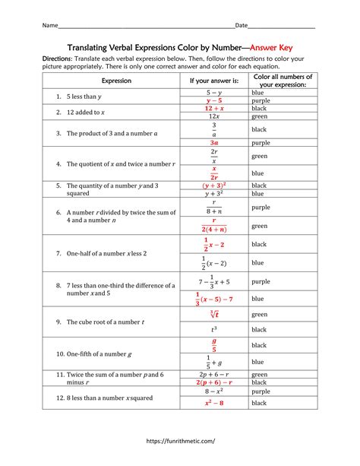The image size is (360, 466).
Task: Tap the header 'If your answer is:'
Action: pos(213,80)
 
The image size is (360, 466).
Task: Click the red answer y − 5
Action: pos(213,100)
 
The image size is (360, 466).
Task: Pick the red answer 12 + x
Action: pos(213,109)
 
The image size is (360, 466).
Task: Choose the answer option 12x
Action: pos(213,117)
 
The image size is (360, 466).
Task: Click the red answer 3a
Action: pos(213,142)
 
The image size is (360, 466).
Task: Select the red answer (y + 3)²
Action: pos(213,185)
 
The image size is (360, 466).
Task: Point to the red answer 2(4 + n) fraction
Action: pos(213,225)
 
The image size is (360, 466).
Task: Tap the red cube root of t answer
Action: pos(213,313)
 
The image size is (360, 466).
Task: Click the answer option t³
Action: pos(213,330)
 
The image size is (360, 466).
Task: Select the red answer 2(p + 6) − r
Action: pos(213,383)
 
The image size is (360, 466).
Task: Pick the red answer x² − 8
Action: pos(213,403)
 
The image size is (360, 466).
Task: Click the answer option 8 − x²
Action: pos(213,392)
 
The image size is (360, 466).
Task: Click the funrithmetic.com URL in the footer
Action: pos(180,440)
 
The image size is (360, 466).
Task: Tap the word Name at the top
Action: pos(49,25)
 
